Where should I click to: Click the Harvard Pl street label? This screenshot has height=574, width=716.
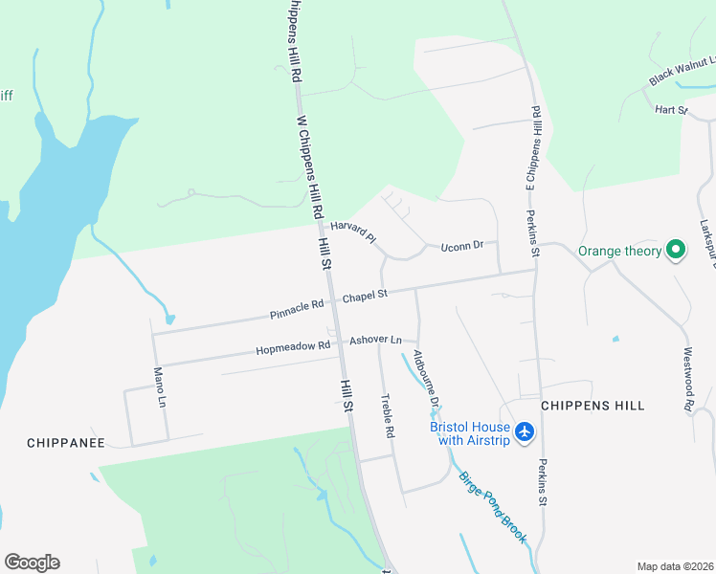click(x=351, y=232)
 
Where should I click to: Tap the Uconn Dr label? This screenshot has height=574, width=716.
click(x=462, y=248)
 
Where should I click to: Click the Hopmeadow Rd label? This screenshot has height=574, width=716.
click(x=293, y=348)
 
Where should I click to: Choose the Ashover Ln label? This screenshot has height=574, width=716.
click(x=375, y=340)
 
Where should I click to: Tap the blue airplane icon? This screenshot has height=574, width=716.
click(x=524, y=432)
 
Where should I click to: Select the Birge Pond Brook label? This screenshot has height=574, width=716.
click(x=492, y=508)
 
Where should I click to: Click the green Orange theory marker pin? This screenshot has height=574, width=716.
click(x=676, y=251)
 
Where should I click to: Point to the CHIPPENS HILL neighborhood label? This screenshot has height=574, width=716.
click(x=593, y=406)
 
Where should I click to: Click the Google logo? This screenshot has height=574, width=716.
click(x=32, y=563)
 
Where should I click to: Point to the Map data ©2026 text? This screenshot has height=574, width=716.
click(x=674, y=566)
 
